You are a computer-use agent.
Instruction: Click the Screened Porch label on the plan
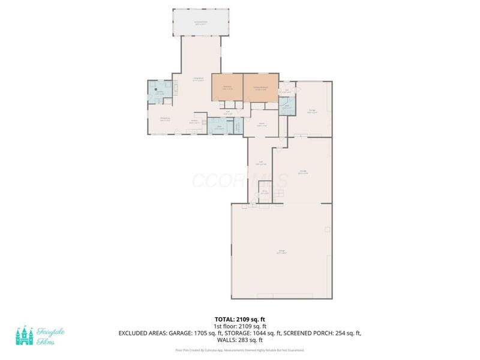[200, 23]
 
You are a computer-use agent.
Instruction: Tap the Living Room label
[198, 79]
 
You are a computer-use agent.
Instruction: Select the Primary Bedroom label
[260, 88]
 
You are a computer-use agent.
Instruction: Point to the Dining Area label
[165, 119]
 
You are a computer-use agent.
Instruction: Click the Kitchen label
[195, 122]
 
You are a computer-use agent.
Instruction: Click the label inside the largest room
[281, 251]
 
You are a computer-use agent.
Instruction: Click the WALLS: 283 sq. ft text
[239, 339]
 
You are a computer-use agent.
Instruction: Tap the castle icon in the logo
[24, 336]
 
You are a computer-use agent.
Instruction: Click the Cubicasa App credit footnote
[239, 349]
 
